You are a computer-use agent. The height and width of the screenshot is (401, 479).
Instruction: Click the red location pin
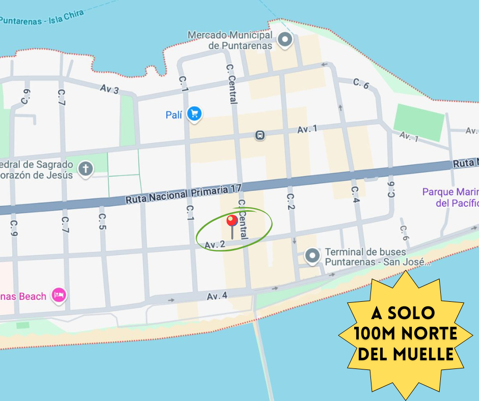pos(232,221)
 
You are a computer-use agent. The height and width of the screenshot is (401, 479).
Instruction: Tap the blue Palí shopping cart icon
pos(194,114)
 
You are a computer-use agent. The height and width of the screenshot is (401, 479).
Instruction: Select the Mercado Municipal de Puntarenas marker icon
pos(284,39)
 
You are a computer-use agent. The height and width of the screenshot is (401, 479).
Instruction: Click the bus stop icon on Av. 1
pos(260,135)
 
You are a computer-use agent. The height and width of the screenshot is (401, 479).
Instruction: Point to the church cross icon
pos(86,168)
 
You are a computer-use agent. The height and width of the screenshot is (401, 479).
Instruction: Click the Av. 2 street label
pos(215,245)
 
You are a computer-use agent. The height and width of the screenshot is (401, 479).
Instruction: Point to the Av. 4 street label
pos(217,296)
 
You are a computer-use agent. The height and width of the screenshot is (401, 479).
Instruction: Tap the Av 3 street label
pos(110,89)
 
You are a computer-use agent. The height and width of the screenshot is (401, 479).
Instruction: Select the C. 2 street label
pos(291,202)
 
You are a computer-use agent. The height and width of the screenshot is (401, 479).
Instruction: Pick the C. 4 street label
pos(356,195)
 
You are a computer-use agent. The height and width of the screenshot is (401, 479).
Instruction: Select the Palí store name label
pos(174,115)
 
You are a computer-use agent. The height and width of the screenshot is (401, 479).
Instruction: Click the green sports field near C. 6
pos(419,123)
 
